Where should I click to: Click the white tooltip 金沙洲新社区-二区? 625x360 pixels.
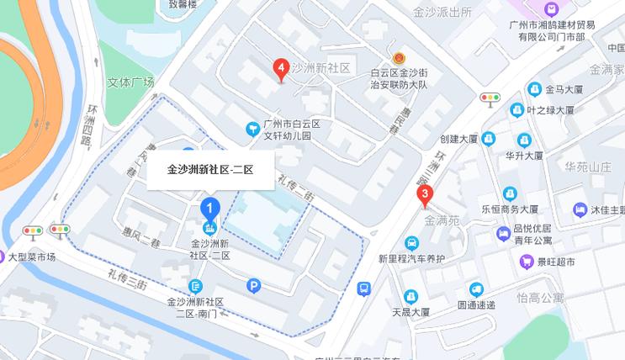coord(210,169)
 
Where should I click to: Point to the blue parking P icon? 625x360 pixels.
coord(254,286)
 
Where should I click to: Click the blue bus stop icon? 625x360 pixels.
coord(363,289)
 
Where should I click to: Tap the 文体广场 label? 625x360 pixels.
coord(131,82)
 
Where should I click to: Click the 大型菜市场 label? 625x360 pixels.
coord(32,257)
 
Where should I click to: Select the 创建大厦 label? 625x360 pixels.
coord(459,139)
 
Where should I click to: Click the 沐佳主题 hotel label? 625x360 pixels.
coord(606,209)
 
